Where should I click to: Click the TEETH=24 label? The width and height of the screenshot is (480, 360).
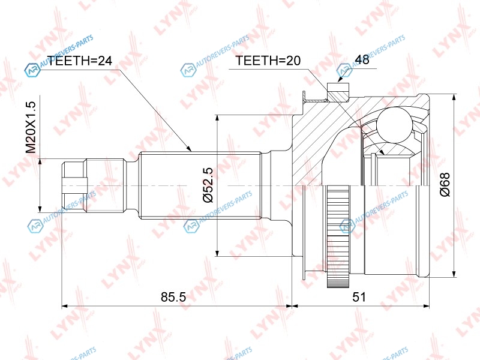click(x=80, y=61)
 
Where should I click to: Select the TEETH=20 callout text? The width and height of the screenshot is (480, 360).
click(x=268, y=61)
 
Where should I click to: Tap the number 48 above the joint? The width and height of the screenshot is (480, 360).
click(x=362, y=59)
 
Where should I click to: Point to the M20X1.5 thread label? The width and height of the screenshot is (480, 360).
click(x=31, y=128)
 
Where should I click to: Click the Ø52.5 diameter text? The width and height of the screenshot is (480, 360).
click(x=208, y=185)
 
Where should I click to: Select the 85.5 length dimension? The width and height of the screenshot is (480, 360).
click(x=173, y=296)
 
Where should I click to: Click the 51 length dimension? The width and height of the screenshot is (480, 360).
click(x=359, y=296)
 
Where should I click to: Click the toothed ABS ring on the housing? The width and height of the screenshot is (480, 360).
click(x=338, y=236)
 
